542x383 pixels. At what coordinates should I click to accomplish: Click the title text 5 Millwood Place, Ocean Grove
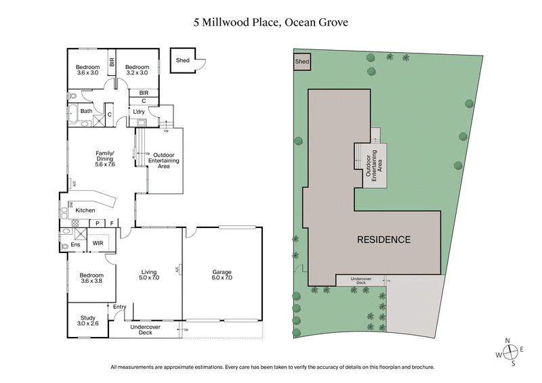pyautogui.click(x=271, y=22)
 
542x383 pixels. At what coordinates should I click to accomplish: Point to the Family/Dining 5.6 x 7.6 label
pyautogui.click(x=105, y=159)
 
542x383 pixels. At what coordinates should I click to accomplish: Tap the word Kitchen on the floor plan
pyautogui.click(x=85, y=211)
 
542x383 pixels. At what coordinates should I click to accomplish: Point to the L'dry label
pyautogui.click(x=140, y=112)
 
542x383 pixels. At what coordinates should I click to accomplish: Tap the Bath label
pyautogui.click(x=86, y=111)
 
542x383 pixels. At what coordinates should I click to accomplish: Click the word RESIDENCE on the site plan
pyautogui.click(x=383, y=240)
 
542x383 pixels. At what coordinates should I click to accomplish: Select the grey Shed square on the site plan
pyautogui.click(x=301, y=62)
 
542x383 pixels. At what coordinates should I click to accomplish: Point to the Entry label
pyautogui.click(x=120, y=308)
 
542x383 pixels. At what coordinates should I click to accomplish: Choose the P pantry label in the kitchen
pyautogui.click(x=97, y=223)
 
